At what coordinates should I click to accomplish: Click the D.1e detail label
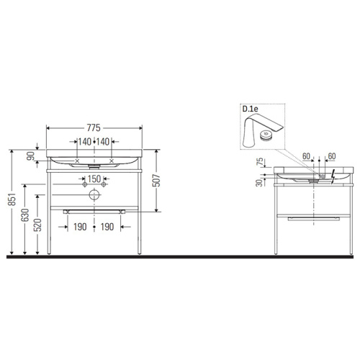click(250, 109)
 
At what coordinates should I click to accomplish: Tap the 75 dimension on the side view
click(258, 162)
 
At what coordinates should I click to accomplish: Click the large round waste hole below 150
click(94, 194)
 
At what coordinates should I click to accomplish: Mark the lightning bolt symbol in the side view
click(332, 174)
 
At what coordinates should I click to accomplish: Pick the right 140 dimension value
click(107, 143)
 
